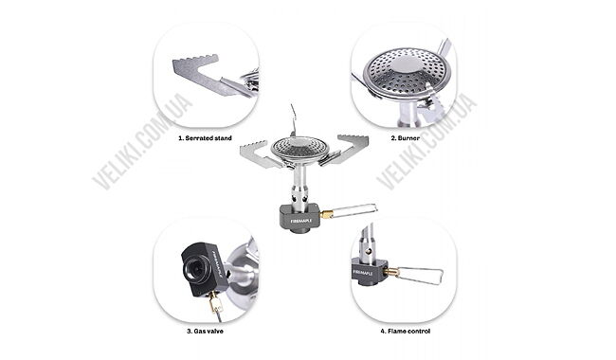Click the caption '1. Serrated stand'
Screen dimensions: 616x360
tap(205, 138)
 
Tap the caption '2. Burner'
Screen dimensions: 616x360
tap(405, 138)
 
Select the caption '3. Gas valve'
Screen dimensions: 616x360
tap(205, 331)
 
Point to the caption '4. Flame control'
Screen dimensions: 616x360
tap(405, 331)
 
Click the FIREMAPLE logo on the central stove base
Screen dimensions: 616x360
tap(301, 221)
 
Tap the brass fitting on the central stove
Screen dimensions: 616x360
tap(326, 214)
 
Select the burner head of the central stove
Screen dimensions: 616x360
tap(300, 148)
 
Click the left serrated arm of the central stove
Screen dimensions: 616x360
tap(260, 155)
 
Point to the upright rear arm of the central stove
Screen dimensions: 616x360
tap(293, 120)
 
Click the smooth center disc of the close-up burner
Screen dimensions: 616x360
tap(405, 64)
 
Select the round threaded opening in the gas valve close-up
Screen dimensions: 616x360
tap(195, 268)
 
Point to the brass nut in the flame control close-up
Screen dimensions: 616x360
tap(391, 272)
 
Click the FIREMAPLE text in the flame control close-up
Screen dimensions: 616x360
tap(362, 272)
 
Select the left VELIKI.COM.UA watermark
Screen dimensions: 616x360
tap(142, 141)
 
